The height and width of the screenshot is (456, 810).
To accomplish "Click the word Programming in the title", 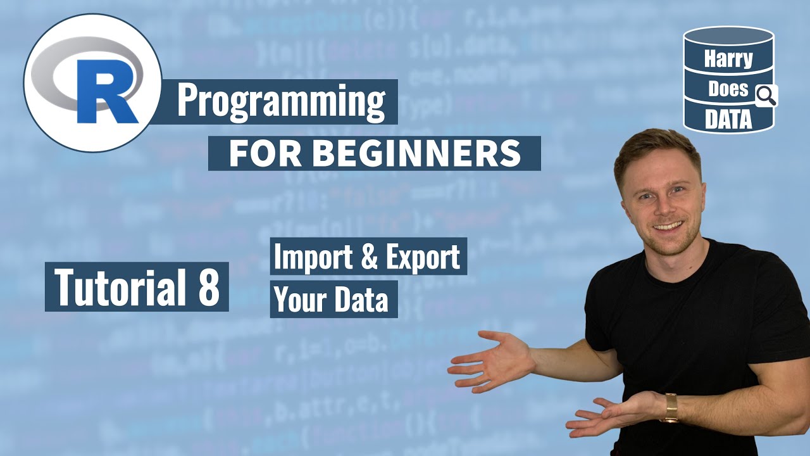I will (281, 101).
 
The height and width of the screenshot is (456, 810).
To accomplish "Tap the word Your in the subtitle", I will (297, 300).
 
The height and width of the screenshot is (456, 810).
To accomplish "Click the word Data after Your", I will (361, 300).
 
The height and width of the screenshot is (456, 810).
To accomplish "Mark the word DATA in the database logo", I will (728, 118).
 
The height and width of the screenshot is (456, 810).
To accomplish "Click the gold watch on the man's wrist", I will (670, 408).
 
